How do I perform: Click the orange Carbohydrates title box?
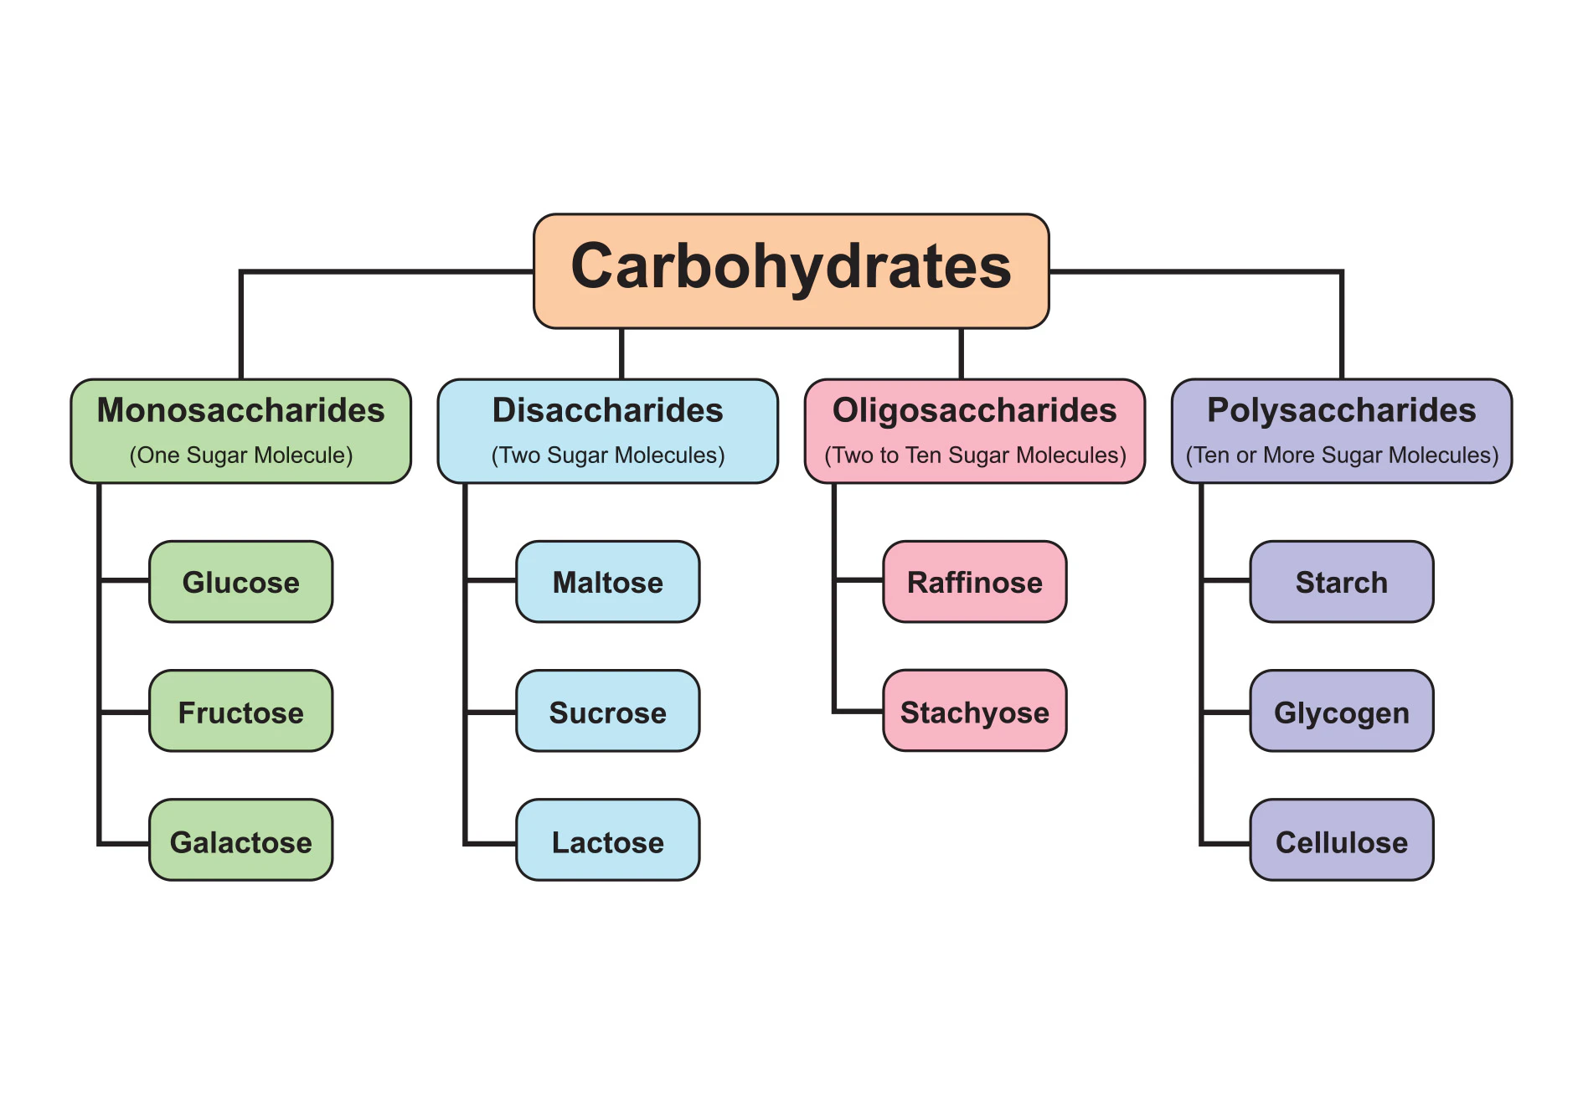click(x=791, y=270)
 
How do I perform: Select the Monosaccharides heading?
click(x=240, y=410)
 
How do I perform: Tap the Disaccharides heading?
click(x=607, y=410)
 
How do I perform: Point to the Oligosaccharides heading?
click(x=974, y=410)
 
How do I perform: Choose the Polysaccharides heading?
click(x=1341, y=410)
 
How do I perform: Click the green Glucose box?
click(x=240, y=581)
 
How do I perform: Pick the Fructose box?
click(x=240, y=711)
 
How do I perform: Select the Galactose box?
click(x=240, y=840)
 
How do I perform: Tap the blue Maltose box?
click(x=607, y=581)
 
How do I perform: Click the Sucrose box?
click(x=607, y=711)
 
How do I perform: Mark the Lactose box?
click(x=607, y=840)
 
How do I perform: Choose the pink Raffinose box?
click(x=975, y=581)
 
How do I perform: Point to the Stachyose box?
click(x=975, y=711)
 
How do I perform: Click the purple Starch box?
click(x=1342, y=581)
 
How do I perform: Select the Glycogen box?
click(x=1342, y=711)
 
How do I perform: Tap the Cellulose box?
click(x=1342, y=840)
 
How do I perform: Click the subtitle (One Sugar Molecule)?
click(x=240, y=455)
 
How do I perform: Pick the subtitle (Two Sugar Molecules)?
click(x=607, y=455)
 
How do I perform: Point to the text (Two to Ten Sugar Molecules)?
click(x=974, y=455)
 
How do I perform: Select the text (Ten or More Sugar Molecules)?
click(x=1341, y=455)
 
